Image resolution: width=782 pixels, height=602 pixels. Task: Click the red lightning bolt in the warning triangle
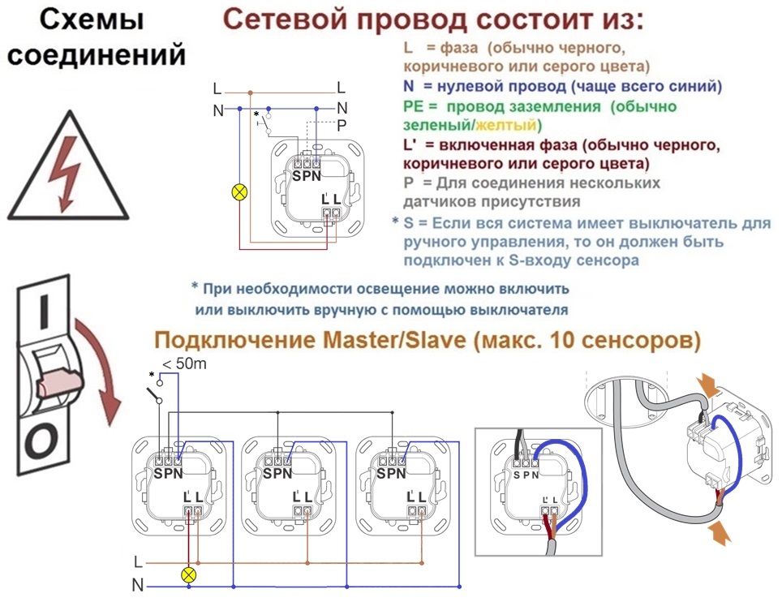tap(65, 172)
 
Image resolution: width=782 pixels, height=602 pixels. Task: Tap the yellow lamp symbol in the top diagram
tap(240, 192)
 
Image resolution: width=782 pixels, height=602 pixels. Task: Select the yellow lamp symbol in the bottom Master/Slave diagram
tap(188, 574)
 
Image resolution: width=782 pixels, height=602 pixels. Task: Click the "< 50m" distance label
tap(184, 363)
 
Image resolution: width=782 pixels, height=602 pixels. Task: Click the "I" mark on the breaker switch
tap(44, 312)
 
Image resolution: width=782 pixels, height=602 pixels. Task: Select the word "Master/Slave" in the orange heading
tap(394, 340)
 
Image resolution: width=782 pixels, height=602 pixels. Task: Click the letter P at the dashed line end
tap(342, 125)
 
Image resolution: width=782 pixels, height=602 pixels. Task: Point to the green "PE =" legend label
tap(420, 106)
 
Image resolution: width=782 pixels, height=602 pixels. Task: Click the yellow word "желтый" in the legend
tap(505, 125)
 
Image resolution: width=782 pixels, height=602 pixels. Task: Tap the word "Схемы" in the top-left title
tap(92, 20)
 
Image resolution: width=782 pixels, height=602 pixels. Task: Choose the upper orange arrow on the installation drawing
tap(708, 385)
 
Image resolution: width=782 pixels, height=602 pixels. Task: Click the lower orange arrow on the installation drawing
tap(719, 532)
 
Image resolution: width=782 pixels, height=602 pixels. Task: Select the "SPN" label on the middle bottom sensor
tap(277, 473)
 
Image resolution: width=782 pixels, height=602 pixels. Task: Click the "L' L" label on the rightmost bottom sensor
tap(416, 497)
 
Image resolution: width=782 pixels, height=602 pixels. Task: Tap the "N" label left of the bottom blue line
tap(138, 586)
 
